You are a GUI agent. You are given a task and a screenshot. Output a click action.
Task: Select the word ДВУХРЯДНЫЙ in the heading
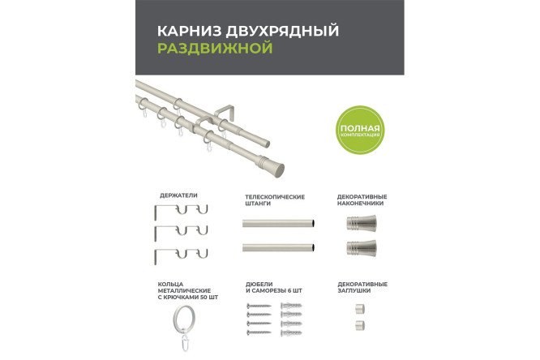(274, 31)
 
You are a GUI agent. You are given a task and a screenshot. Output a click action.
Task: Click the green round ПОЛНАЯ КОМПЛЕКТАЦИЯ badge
(362, 130)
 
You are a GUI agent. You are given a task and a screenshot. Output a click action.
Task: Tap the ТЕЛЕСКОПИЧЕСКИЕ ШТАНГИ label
(275, 199)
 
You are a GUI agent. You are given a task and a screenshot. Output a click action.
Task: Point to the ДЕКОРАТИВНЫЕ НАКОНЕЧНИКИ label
(362, 199)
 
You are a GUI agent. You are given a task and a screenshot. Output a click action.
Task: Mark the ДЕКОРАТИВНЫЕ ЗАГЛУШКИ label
(362, 287)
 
